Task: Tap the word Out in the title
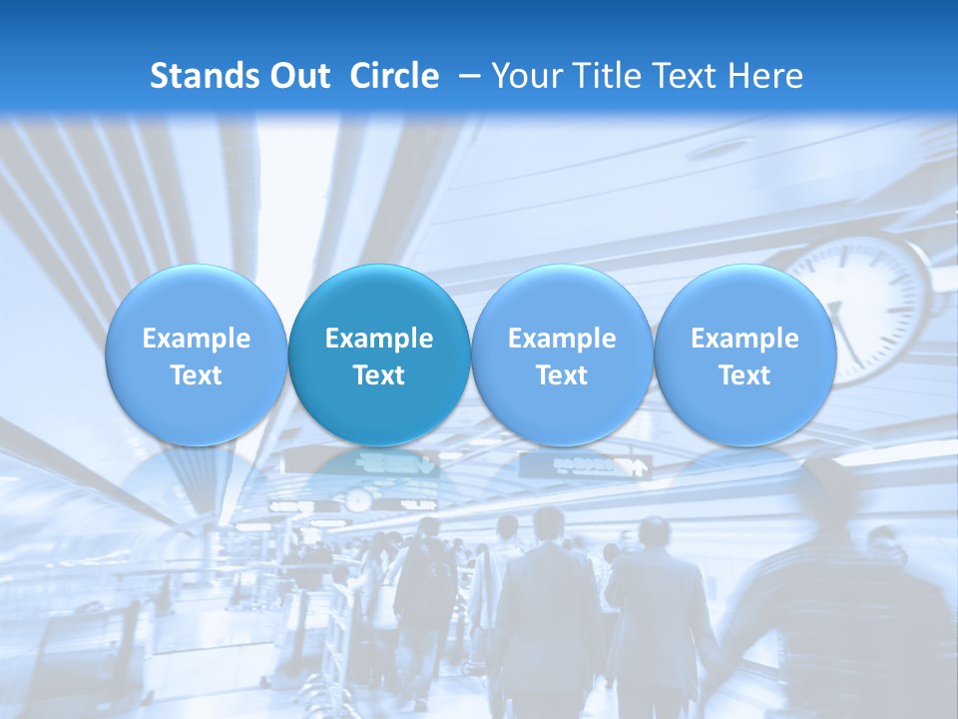click(297, 76)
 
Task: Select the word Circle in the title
click(394, 76)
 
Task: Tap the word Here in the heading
click(765, 76)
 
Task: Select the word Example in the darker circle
click(379, 339)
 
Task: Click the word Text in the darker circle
click(379, 375)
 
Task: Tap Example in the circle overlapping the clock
click(744, 339)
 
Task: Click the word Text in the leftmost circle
click(196, 375)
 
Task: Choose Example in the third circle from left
click(562, 339)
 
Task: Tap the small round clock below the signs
click(358, 499)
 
